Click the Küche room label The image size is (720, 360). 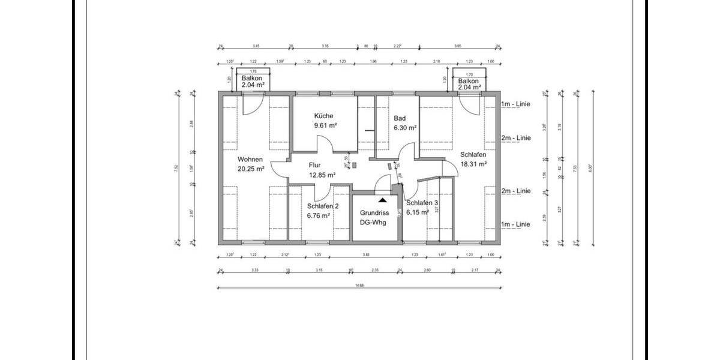pyautogui.click(x=323, y=116)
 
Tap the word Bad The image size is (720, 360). pyautogui.click(x=400, y=119)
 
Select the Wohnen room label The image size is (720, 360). pyautogui.click(x=250, y=160)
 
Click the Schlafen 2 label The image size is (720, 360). pyautogui.click(x=319, y=206)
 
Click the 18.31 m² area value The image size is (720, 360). pyautogui.click(x=473, y=163)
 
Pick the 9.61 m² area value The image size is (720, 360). pyautogui.click(x=325, y=125)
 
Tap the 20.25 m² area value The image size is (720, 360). pyautogui.click(x=251, y=169)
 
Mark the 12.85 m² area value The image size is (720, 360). pyautogui.click(x=322, y=175)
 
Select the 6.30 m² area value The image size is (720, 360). pyautogui.click(x=405, y=128)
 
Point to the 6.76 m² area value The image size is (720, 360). pyautogui.click(x=317, y=215)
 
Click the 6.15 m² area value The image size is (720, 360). pyautogui.click(x=418, y=212)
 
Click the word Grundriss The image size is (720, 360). pyautogui.click(x=374, y=213)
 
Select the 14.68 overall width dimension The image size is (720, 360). pyautogui.click(x=359, y=285)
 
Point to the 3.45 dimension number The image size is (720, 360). pyautogui.click(x=256, y=46)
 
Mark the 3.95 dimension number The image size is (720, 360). pyautogui.click(x=458, y=46)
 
